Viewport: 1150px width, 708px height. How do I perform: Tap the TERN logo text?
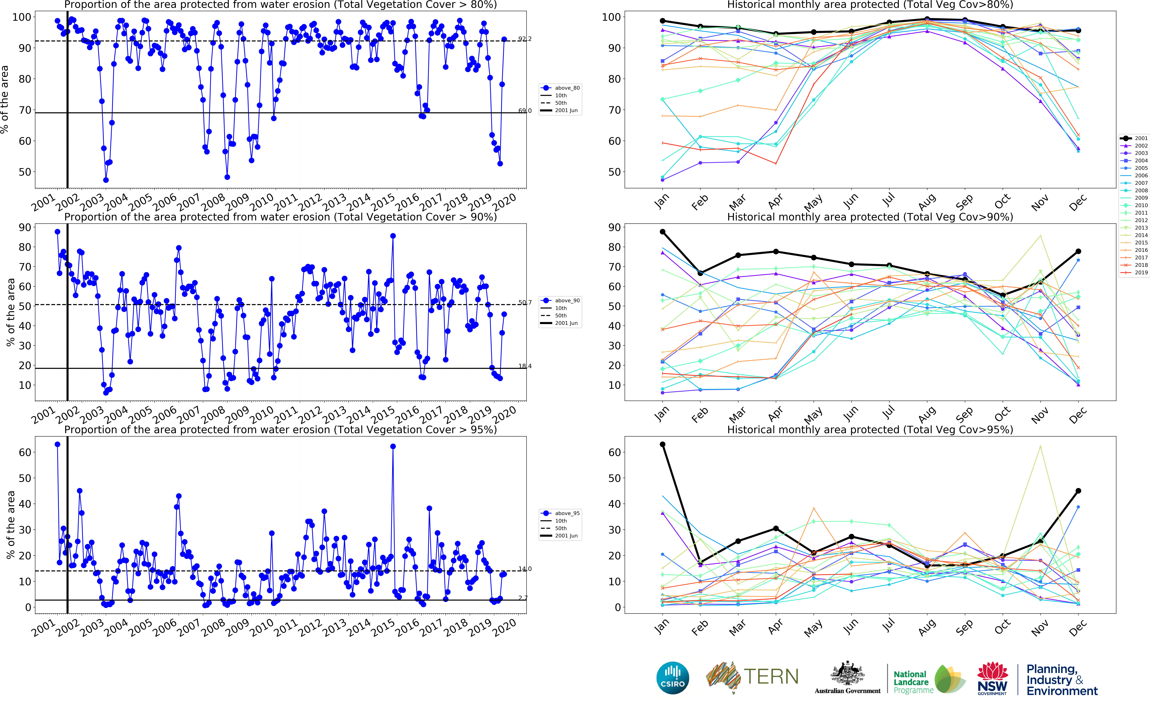771,677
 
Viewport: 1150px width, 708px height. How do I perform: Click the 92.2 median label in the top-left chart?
525,39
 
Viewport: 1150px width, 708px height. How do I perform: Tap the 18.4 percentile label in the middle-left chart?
525,366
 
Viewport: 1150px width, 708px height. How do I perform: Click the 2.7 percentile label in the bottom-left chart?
523,598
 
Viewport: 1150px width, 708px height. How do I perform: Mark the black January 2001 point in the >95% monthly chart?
662,444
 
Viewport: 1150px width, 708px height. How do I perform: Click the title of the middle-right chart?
870,217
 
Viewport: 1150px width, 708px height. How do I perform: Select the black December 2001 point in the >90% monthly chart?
1078,251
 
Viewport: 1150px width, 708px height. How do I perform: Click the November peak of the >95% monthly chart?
1040,446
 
